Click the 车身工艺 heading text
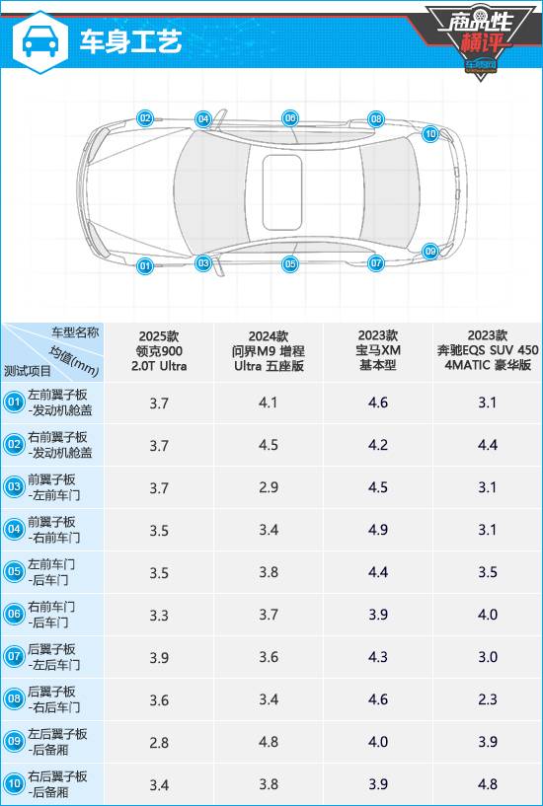[130, 42]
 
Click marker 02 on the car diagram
[145, 118]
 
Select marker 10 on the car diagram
[430, 135]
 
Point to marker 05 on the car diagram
[290, 264]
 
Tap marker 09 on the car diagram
[430, 252]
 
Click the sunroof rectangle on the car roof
[281, 192]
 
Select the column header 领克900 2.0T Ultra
[159, 351]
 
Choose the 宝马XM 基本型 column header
[378, 350]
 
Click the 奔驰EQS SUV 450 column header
[487, 350]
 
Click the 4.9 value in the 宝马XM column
[378, 530]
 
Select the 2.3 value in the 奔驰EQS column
[487, 699]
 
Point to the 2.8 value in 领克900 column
[159, 742]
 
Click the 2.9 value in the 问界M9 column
[269, 487]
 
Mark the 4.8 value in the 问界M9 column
[269, 742]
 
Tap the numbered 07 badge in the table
[13, 657]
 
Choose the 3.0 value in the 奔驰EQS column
[487, 657]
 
